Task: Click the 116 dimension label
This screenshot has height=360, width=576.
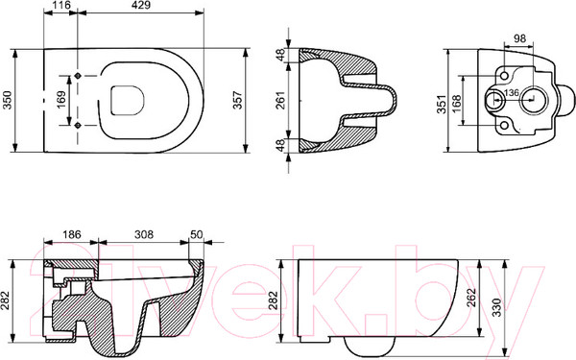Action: pos(60,5)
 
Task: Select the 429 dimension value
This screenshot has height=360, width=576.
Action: pos(141,5)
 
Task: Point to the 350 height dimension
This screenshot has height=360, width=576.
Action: pos(8,100)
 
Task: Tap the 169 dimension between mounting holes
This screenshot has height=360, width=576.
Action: pos(61,100)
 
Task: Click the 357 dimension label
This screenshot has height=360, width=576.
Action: pos(238,100)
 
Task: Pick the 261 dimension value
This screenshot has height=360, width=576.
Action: pos(280,100)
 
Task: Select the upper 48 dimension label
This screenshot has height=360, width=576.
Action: pos(280,55)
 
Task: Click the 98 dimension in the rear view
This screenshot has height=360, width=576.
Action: pos(519,38)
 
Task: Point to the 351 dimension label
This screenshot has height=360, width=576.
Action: pos(443,105)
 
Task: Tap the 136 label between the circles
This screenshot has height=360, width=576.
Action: pos(512,93)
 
